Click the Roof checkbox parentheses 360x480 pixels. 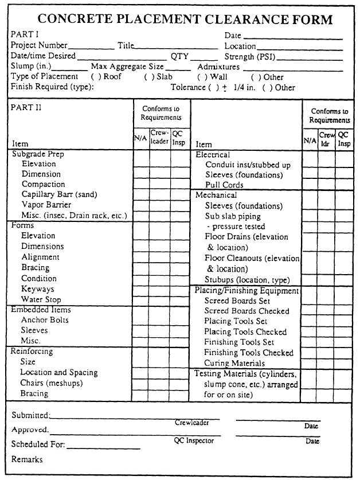pyautogui.click(x=95, y=77)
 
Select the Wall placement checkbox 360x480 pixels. pyautogui.click(x=201, y=77)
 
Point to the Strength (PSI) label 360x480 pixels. pyautogui.click(x=247, y=57)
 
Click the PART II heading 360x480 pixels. pyautogui.click(x=26, y=107)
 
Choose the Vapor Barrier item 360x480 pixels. pyautogui.click(x=46, y=205)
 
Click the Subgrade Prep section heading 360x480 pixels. pyautogui.click(x=38, y=154)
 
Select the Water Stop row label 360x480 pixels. pyautogui.click(x=41, y=299)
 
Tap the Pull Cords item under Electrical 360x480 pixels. pyautogui.click(x=224, y=185)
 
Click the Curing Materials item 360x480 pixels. pyautogui.click(x=234, y=363)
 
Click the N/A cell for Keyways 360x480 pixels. pyautogui.click(x=141, y=289)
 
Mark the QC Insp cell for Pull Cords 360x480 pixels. pyautogui.click(x=344, y=185)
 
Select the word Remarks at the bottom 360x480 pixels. pyautogui.click(x=27, y=459)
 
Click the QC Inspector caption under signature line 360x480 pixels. pyautogui.click(x=194, y=441)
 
